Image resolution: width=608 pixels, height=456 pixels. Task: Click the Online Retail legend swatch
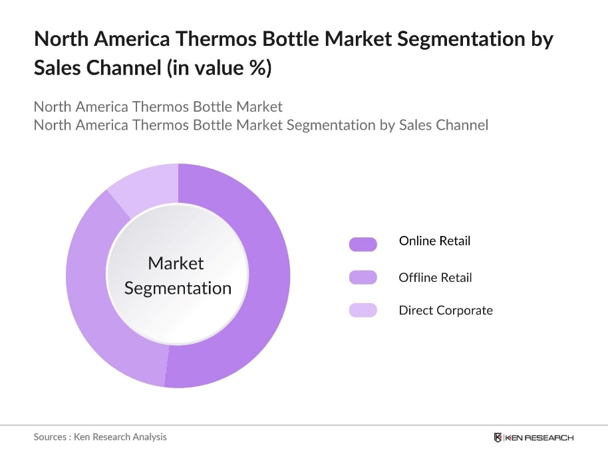(363, 244)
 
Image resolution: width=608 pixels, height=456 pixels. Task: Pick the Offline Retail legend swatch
(363, 277)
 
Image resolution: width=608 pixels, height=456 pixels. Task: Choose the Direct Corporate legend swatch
(363, 310)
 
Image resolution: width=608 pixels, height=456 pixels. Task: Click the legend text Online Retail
(434, 241)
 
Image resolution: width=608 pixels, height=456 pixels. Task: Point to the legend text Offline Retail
(435, 277)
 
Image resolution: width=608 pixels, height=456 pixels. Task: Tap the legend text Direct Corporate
(446, 310)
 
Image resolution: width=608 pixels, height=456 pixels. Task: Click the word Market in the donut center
(176, 263)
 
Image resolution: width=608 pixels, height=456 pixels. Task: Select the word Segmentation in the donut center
(178, 288)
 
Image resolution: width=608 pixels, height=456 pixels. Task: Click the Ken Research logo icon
(498, 437)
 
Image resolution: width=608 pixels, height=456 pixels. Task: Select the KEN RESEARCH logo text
(539, 437)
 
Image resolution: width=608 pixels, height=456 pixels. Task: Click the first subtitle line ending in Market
(158, 106)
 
